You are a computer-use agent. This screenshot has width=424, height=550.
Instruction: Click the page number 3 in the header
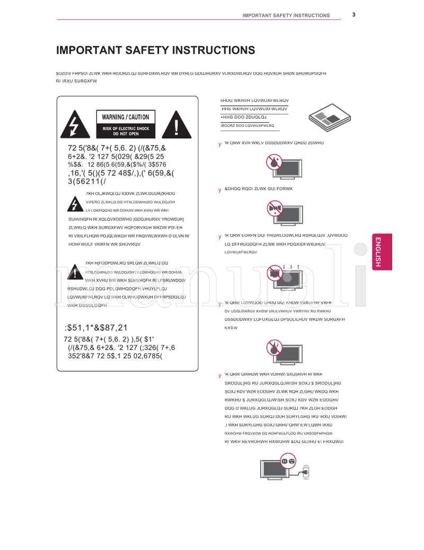pyautogui.click(x=354, y=14)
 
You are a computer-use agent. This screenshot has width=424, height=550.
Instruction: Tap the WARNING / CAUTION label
pyautogui.click(x=125, y=117)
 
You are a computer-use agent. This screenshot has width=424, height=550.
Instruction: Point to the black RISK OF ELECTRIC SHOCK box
pyautogui.click(x=125, y=131)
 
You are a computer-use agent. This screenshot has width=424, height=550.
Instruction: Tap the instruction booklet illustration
pyautogui.click(x=328, y=118)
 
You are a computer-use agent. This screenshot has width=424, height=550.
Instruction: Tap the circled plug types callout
pyautogui.click(x=288, y=461)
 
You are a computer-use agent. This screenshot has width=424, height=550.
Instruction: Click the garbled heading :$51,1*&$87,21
pyautogui.click(x=95, y=328)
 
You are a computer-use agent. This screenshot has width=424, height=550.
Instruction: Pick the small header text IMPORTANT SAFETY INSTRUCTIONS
pyautogui.click(x=286, y=15)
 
